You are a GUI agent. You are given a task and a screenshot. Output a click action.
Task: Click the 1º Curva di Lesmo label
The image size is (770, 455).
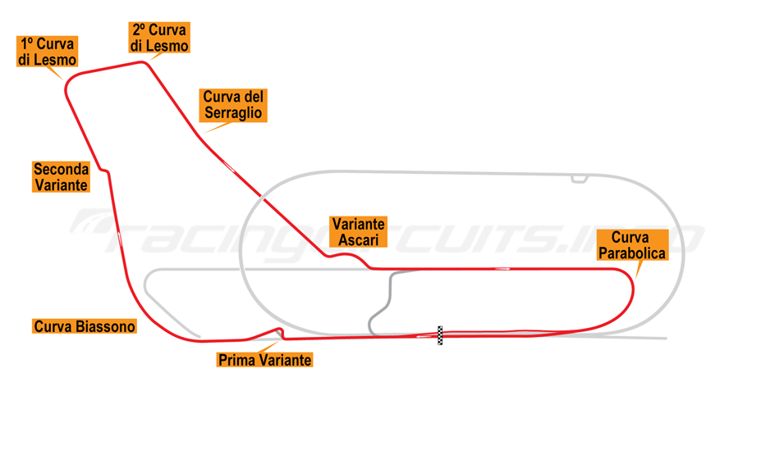point(47,52)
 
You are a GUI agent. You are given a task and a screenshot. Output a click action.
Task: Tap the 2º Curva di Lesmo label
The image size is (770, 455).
point(159,39)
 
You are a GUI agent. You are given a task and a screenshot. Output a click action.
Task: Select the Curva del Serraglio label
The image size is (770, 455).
point(233,105)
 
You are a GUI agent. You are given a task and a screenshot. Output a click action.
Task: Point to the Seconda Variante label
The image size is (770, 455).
point(61,177)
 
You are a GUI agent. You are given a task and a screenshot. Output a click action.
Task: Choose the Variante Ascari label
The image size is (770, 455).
point(358,232)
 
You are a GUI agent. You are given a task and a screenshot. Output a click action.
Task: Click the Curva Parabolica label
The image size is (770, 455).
point(631,246)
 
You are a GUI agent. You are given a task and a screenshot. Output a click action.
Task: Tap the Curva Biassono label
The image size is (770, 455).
point(85,326)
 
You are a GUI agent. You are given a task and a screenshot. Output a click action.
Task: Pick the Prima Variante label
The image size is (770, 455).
point(264,359)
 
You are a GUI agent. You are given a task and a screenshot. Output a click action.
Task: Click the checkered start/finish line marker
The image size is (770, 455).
point(440,335)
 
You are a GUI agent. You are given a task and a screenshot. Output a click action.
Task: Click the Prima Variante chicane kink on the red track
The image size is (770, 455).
point(280,331)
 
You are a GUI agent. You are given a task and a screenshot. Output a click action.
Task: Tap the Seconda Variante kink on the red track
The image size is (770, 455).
point(104,171)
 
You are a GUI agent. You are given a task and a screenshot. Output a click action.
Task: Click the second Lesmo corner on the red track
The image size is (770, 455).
point(147,62)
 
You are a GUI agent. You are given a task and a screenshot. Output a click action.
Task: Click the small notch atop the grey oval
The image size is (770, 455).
point(580,178)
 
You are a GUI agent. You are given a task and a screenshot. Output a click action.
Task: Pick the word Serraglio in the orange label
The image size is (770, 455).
point(233,113)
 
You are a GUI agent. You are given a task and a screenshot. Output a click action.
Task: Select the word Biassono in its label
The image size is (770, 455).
point(107,326)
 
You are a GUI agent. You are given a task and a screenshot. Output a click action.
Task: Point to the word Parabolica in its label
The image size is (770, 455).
point(631,253)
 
